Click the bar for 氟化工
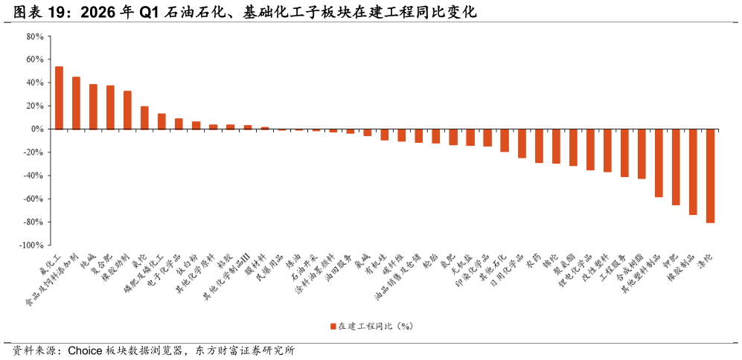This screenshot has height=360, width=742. tap(59, 98)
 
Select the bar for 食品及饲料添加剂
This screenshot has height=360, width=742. tap(76, 103)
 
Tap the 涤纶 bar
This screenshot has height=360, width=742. tap(710, 176)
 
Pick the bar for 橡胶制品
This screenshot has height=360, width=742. tap(693, 173)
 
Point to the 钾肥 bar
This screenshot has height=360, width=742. tap(676, 167)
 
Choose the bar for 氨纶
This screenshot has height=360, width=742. tap(145, 118)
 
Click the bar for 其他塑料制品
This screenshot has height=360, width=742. tap(659, 163)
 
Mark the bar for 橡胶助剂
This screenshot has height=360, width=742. tap(127, 110)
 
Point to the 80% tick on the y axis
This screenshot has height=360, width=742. tap(36, 36)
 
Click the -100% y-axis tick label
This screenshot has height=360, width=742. tap(32, 245)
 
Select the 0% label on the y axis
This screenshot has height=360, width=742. tap(38, 129)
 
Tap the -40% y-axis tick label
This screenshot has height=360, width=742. tap(33, 176)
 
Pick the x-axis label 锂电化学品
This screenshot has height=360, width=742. tap(575, 271)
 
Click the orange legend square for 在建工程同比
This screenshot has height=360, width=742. tap(333, 326)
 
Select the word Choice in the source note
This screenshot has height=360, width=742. tap(85, 351)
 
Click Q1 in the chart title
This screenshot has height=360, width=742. tap(150, 13)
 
